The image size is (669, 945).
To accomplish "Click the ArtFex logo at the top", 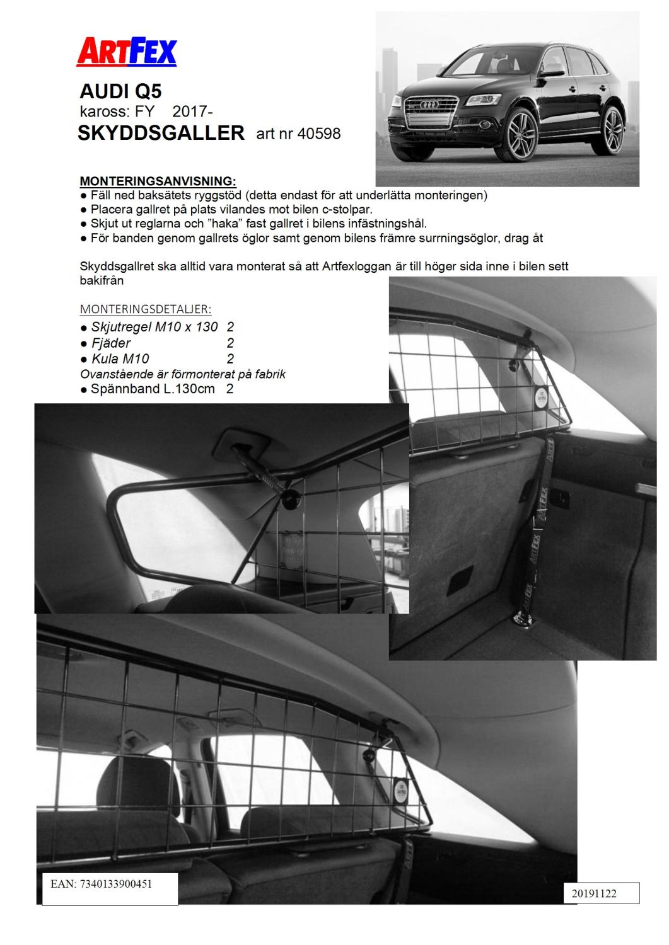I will point(127,52).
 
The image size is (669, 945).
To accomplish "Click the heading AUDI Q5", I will point(120,92).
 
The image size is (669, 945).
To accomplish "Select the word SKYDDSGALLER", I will point(161,133).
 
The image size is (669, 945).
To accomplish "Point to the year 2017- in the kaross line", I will point(192,112).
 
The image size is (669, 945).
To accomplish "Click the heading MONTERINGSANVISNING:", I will point(158,181).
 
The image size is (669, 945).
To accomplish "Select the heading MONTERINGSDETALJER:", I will point(145,309).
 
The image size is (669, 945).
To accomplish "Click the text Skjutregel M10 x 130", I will point(154,327).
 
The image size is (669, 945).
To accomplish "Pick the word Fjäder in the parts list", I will point(111,343).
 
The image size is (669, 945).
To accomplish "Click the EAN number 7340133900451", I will point(116,884).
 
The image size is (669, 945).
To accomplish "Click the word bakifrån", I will point(102,280).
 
